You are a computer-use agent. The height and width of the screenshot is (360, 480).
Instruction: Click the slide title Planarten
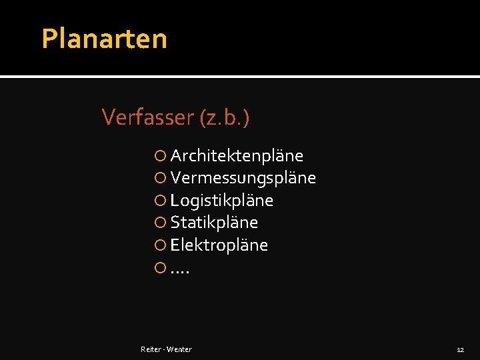click(104, 39)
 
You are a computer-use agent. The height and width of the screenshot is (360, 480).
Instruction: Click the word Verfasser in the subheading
click(147, 117)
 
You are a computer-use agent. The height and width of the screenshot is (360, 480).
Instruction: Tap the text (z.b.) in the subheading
click(224, 118)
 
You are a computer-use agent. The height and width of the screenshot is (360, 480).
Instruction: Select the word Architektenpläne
click(237, 156)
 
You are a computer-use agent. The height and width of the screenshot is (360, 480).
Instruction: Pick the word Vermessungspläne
click(243, 178)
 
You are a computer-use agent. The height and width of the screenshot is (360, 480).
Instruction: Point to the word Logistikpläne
click(222, 201)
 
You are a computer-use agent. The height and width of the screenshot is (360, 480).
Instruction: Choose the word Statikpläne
click(214, 223)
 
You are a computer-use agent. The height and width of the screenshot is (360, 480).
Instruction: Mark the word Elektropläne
click(219, 245)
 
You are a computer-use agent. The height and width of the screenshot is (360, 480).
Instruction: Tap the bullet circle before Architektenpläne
click(160, 156)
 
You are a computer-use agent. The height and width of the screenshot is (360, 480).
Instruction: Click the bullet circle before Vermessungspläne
click(160, 179)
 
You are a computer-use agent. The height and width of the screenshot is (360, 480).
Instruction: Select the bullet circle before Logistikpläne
click(160, 201)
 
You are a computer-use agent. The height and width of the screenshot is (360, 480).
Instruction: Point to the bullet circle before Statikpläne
click(160, 223)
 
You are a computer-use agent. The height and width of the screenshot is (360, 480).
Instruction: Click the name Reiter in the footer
click(151, 349)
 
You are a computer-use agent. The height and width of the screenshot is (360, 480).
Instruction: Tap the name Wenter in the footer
click(179, 349)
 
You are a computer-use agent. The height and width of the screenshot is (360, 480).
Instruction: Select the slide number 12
click(460, 349)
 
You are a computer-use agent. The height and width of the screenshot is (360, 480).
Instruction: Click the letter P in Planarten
click(49, 39)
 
